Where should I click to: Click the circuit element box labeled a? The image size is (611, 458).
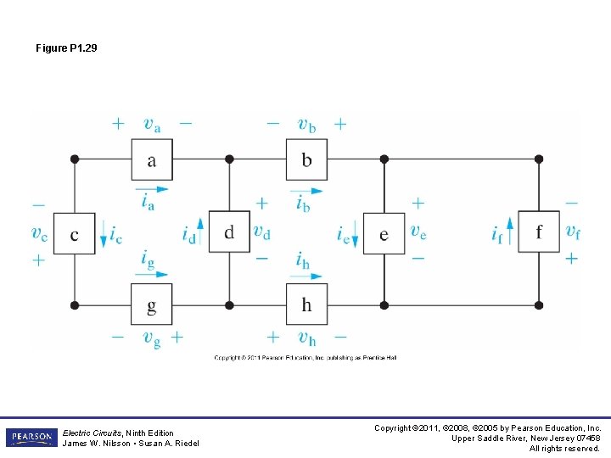pyautogui.click(x=151, y=159)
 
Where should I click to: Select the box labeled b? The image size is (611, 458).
pyautogui.click(x=306, y=159)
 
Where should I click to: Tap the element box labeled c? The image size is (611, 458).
pyautogui.click(x=74, y=233)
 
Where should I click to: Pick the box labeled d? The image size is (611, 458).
pyautogui.click(x=229, y=233)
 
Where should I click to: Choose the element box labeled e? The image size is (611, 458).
pyautogui.click(x=384, y=233)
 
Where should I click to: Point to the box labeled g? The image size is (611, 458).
pyautogui.click(x=151, y=304)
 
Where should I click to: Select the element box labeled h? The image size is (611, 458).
pyautogui.click(x=306, y=304)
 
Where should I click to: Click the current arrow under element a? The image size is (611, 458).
pyautogui.click(x=151, y=187)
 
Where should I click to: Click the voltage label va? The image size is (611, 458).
pyautogui.click(x=151, y=125)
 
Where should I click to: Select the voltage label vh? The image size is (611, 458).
pyautogui.click(x=306, y=339)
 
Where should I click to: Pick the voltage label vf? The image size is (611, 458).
pyautogui.click(x=573, y=231)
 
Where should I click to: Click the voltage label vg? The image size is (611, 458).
pyautogui.click(x=151, y=339)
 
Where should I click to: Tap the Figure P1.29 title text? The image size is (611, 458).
pyautogui.click(x=66, y=48)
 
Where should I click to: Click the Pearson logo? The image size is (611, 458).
pyautogui.click(x=30, y=438)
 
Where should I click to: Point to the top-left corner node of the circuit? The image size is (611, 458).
pyautogui.click(x=75, y=159)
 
